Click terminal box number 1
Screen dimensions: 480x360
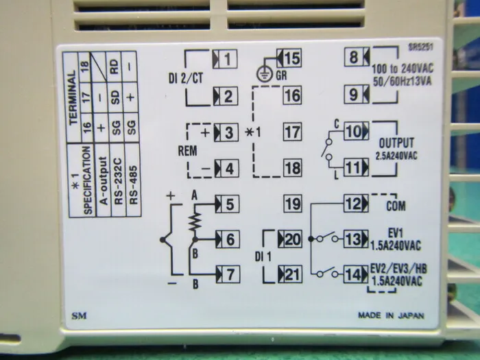(x=225, y=58)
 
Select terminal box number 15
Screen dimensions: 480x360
(x=289, y=58)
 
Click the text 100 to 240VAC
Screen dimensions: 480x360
(x=403, y=69)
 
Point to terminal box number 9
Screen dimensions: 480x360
(x=357, y=95)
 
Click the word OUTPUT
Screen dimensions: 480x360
(x=396, y=143)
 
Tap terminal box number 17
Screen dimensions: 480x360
(x=292, y=132)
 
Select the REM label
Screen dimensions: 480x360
(x=187, y=151)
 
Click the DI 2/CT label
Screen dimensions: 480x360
(x=186, y=78)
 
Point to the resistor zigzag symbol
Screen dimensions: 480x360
(x=195, y=221)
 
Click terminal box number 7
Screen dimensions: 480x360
(x=228, y=274)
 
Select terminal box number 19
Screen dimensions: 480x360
(x=293, y=204)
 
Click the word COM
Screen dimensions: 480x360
(x=396, y=206)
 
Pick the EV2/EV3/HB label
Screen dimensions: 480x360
(x=398, y=269)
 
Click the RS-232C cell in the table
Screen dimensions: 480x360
(x=118, y=181)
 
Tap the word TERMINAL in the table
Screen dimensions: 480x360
(x=73, y=97)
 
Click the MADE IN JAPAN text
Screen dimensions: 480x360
(x=392, y=315)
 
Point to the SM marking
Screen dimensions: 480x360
(x=79, y=315)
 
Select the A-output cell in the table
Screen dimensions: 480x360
(x=104, y=181)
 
